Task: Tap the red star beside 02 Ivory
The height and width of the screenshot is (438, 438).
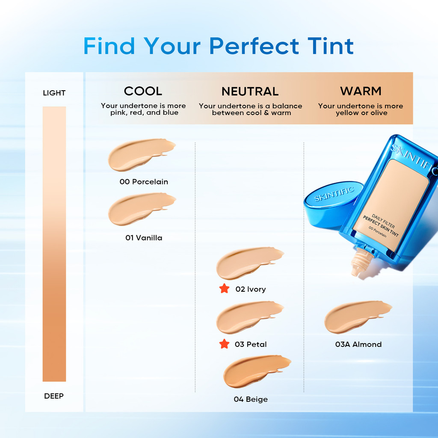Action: [x=224, y=289]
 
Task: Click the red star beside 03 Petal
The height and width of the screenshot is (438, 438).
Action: [x=224, y=344]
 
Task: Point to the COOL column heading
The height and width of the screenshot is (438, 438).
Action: [x=143, y=91]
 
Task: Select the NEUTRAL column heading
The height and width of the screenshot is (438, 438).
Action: [x=250, y=92]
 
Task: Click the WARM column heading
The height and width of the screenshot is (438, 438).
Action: [x=361, y=91]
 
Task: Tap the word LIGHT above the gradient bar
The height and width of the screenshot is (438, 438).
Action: [x=54, y=93]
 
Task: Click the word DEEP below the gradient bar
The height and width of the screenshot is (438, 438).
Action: [x=54, y=396]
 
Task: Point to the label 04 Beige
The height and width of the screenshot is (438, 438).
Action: [x=251, y=399]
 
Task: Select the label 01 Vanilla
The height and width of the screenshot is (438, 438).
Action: [x=144, y=238]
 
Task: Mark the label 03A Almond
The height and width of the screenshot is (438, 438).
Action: [x=358, y=344]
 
